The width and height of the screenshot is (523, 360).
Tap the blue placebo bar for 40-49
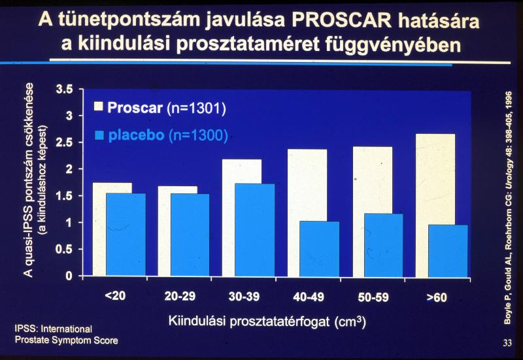pos(320,248)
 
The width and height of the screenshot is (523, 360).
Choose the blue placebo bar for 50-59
pos(384,244)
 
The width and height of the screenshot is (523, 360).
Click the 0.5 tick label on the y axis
pos(63,249)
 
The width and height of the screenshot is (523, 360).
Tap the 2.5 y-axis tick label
pos(63,142)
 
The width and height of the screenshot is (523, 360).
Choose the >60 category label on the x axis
pos(436,297)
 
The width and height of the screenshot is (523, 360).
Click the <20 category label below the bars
pos(114,297)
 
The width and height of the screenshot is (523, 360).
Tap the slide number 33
pos(507,342)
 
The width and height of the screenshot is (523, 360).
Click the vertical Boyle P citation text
pos(508,196)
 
